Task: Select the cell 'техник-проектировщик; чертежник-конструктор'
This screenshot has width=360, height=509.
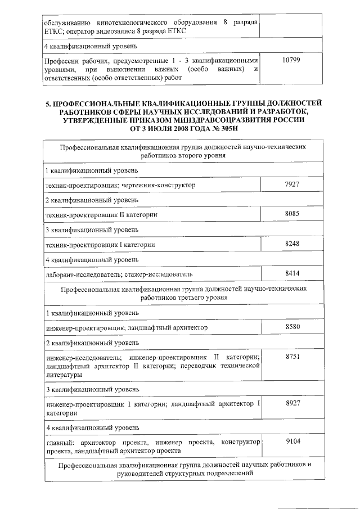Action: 120,184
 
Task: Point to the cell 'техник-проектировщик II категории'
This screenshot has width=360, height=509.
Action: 101,215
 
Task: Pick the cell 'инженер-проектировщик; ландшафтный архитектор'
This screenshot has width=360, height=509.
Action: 127,327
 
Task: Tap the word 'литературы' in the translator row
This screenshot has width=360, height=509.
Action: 64,374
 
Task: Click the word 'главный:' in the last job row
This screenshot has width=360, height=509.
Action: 58,443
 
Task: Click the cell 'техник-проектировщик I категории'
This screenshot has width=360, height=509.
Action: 100,245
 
